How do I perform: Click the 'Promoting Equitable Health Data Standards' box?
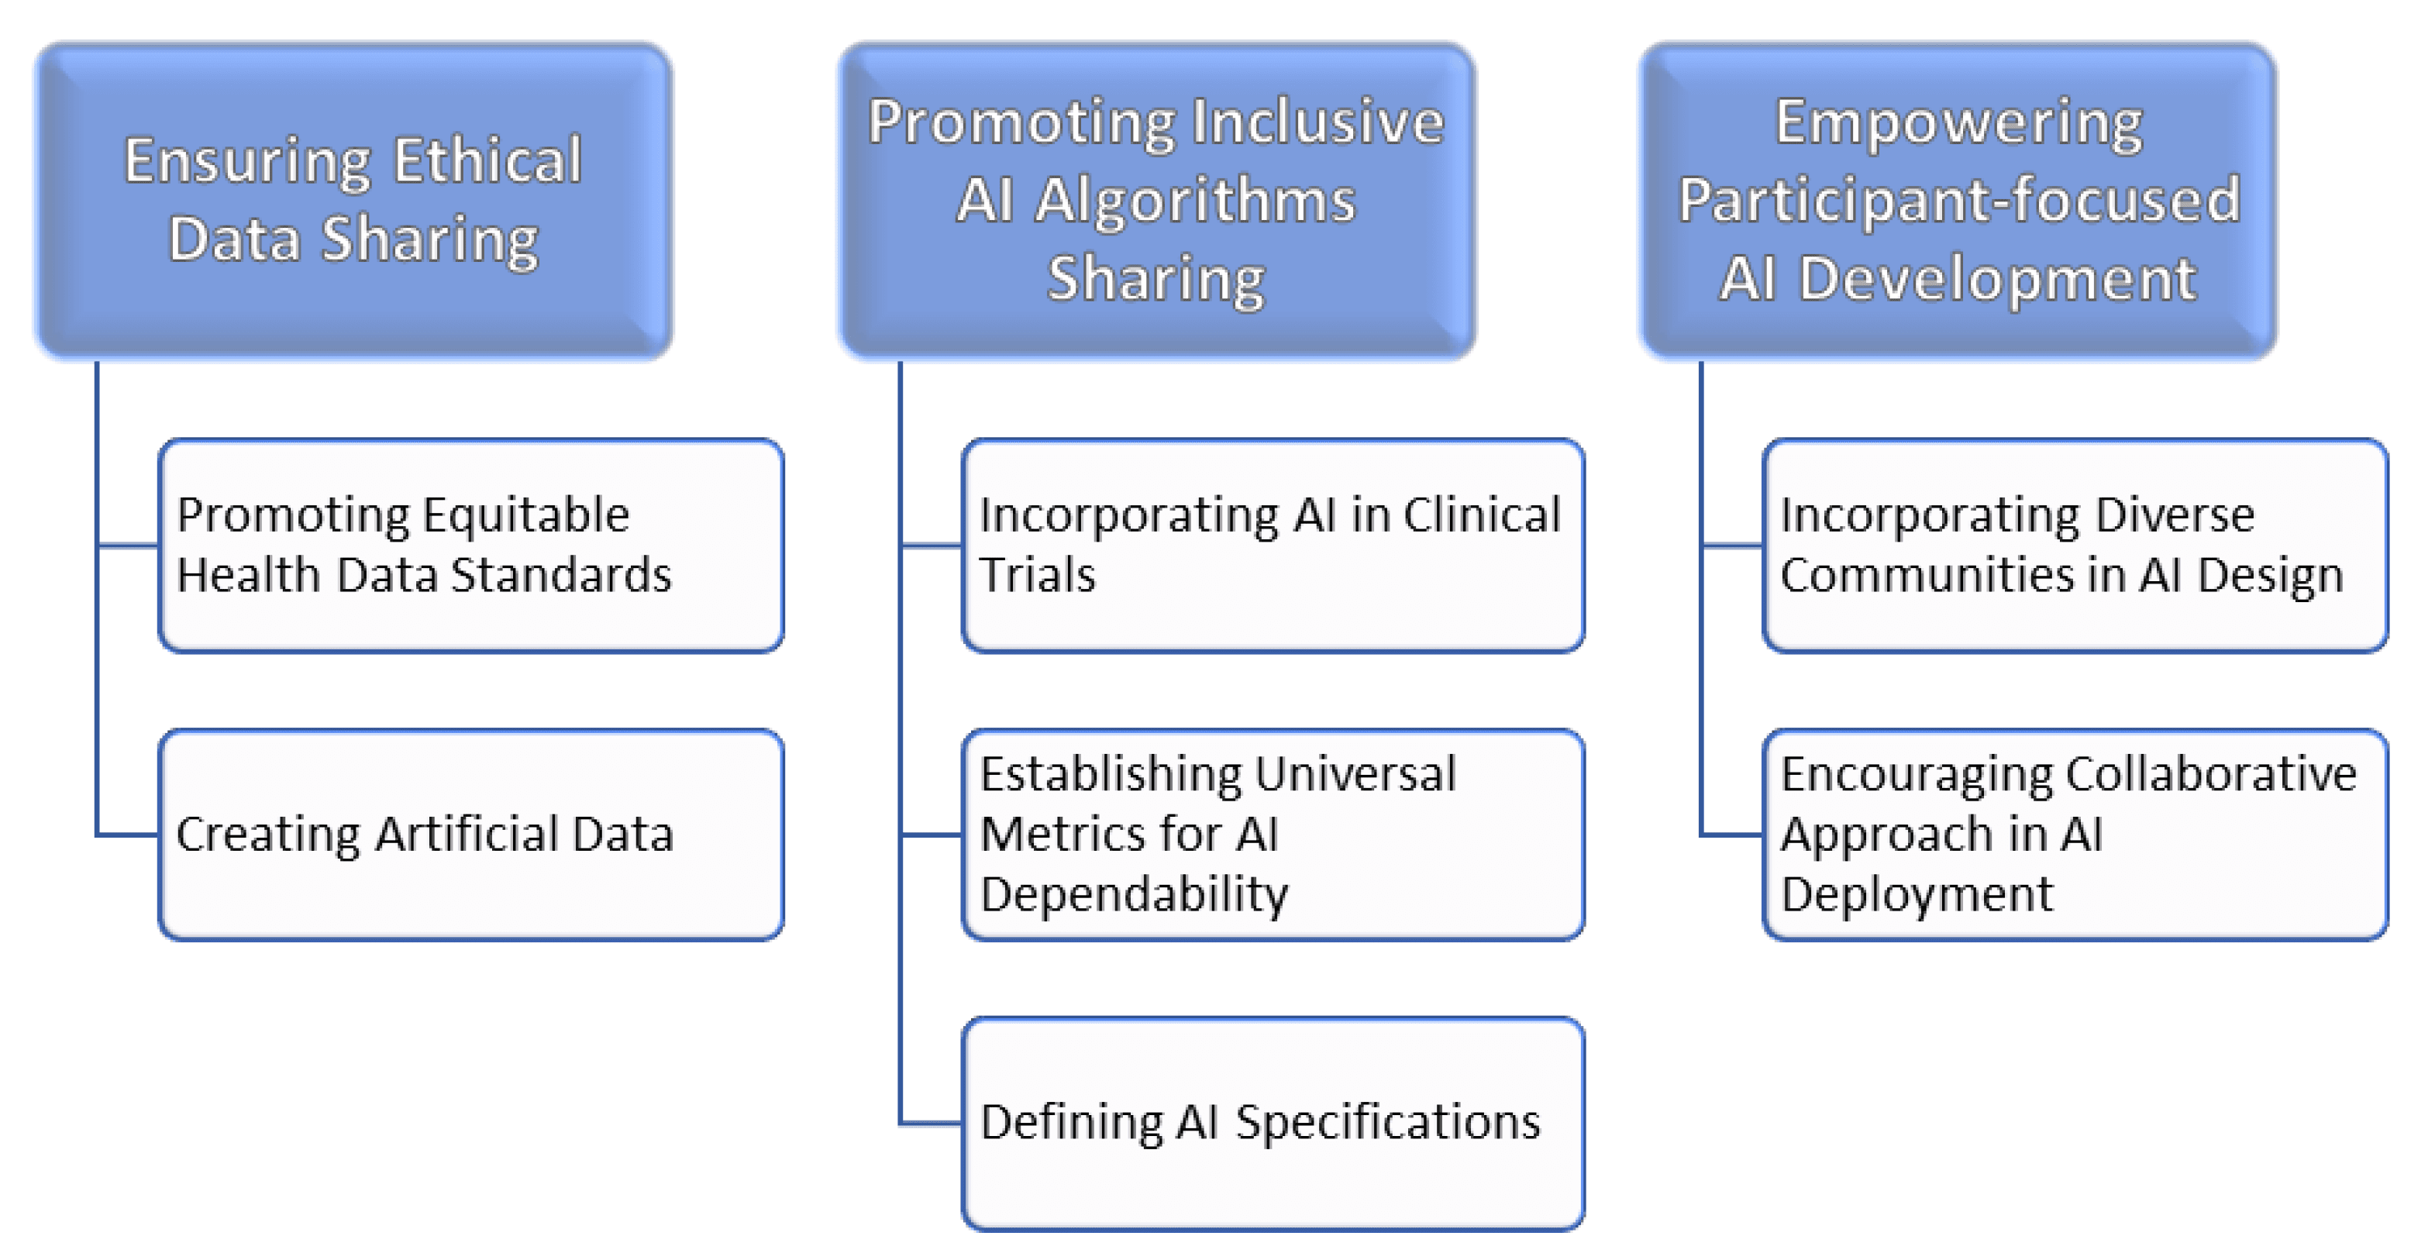(x=470, y=546)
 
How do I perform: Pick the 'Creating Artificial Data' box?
(x=470, y=835)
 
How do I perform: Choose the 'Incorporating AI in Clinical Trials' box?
(x=1273, y=546)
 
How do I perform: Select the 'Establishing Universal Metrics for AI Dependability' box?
(x=1273, y=835)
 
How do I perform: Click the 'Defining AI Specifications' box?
(x=1273, y=1124)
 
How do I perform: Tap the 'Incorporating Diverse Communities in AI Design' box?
(x=2075, y=546)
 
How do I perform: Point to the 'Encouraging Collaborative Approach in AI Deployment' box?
(x=2075, y=835)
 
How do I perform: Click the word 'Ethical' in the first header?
(x=487, y=160)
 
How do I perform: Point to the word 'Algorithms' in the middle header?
(x=1195, y=201)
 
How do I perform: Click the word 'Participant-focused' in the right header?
(x=1959, y=201)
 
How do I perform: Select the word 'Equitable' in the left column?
(x=525, y=516)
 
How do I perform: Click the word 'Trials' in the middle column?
(x=1037, y=576)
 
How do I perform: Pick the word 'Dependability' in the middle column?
(x=1133, y=894)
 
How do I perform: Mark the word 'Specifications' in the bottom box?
(x=1388, y=1123)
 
